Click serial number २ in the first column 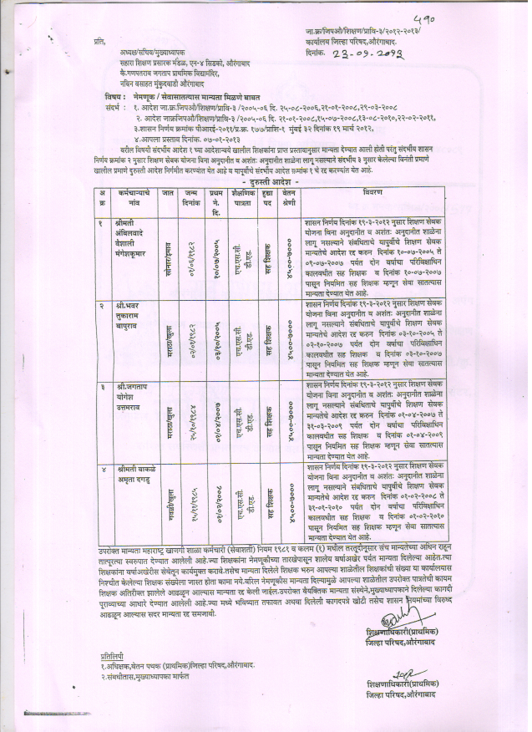click(100, 308)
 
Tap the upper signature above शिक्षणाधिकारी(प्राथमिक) click(393, 622)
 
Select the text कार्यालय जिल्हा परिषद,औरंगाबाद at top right click(355, 39)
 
